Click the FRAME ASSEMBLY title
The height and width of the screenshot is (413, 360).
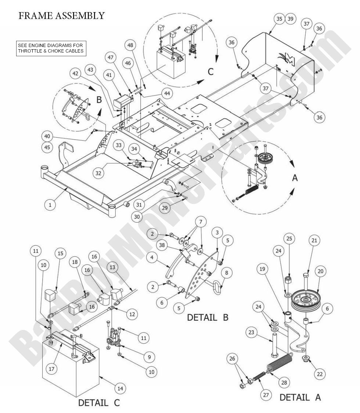[61, 16]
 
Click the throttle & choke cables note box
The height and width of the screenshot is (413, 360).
[51, 48]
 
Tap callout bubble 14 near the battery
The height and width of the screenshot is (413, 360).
[120, 388]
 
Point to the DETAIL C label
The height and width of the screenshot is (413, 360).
[99, 403]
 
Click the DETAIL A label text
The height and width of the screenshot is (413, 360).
[300, 397]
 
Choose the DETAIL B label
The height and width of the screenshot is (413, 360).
[208, 317]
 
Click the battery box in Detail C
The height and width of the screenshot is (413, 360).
[70, 360]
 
